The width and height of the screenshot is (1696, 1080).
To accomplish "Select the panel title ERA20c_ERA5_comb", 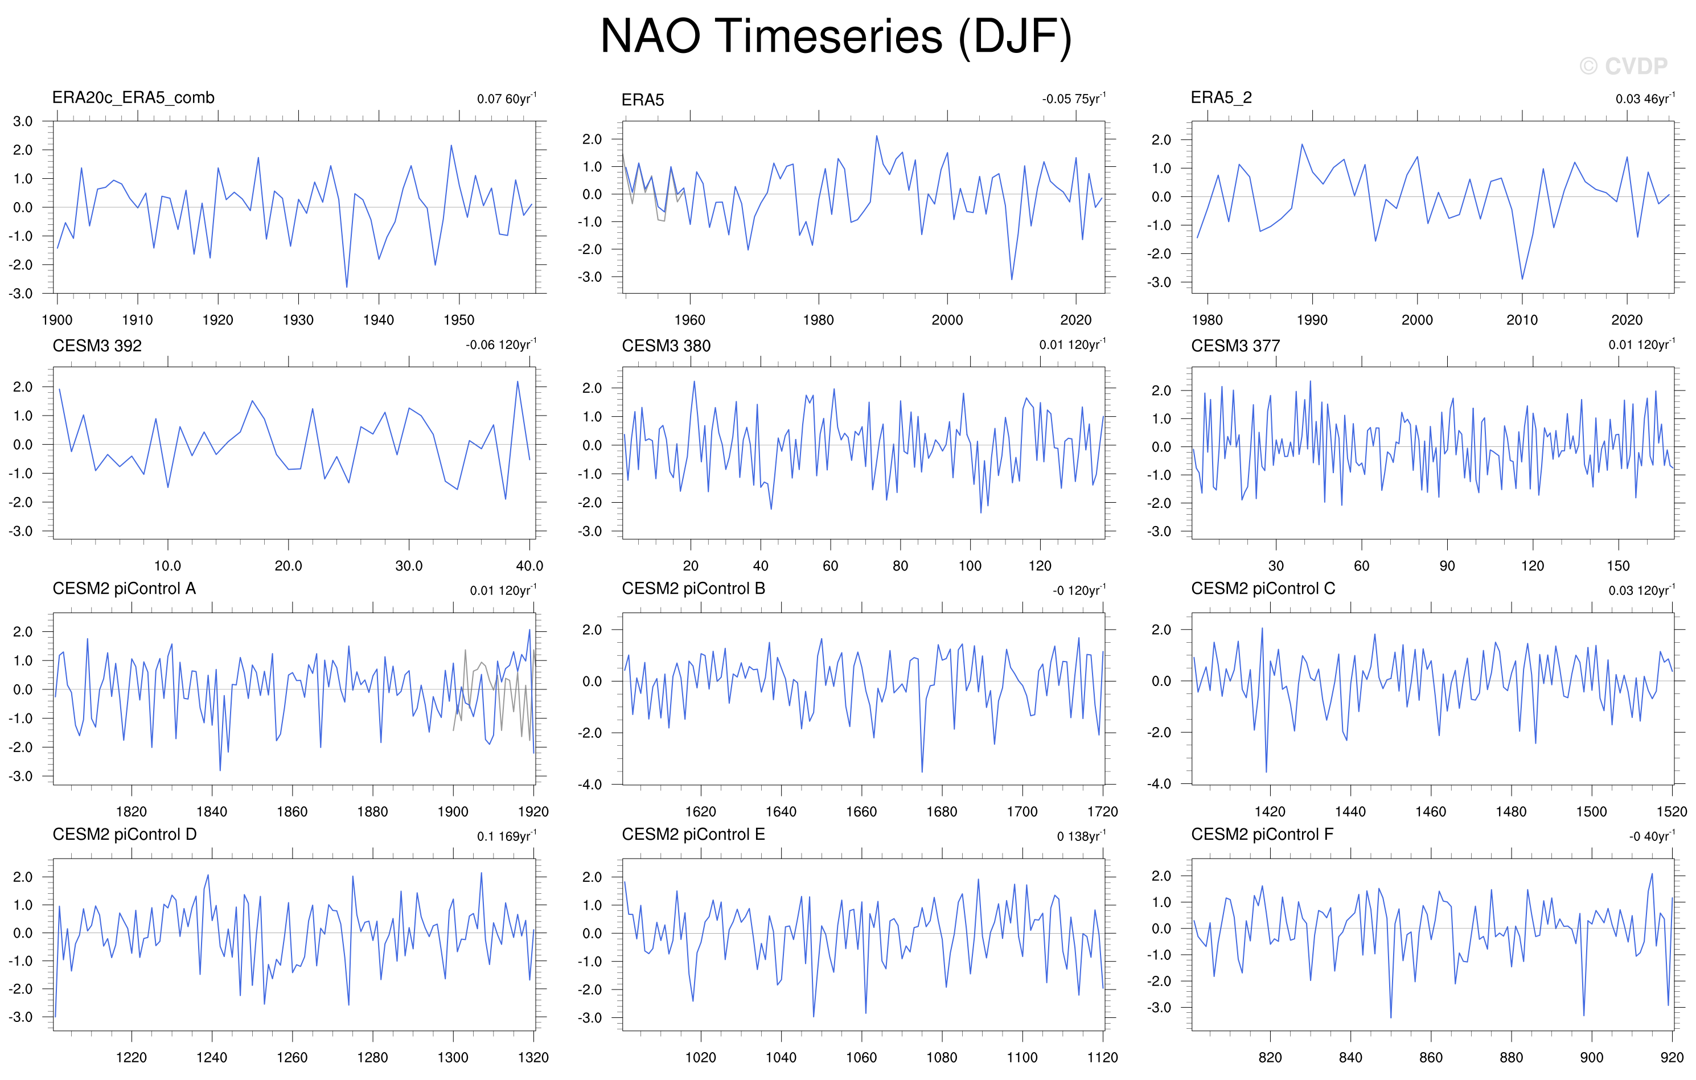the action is tap(133, 98).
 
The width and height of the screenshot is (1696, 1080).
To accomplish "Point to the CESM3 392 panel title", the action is tap(97, 346).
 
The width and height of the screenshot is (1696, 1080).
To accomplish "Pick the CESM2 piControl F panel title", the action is tap(1262, 835).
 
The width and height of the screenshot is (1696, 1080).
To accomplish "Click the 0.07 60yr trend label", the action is tap(506, 98).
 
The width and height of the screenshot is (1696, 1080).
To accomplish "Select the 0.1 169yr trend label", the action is tap(506, 836).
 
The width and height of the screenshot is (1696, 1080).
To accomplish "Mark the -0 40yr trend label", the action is tap(1652, 836).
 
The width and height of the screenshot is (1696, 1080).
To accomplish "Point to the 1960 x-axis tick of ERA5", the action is tap(689, 321).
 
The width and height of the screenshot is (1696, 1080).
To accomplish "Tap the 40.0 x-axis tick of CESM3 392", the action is tap(529, 566).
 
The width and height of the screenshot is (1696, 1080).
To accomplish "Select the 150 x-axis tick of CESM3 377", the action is tap(1618, 566).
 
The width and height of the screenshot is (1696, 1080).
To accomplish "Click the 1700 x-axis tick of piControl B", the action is tap(1022, 812).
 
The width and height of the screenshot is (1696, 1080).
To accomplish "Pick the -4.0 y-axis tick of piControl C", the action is tap(1159, 784).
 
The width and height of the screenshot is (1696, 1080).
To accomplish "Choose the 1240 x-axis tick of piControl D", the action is tap(211, 1057).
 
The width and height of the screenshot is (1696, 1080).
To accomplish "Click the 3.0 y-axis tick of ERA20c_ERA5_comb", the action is tap(23, 121).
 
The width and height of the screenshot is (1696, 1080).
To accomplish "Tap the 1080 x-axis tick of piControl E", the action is tap(942, 1057).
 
